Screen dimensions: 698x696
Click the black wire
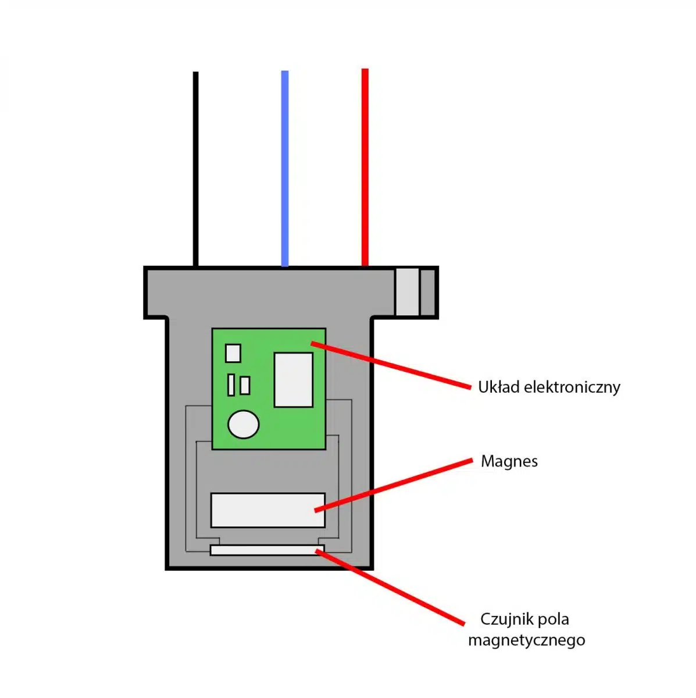pos(195,169)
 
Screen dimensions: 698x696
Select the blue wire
pos(285,169)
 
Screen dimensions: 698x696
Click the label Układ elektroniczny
pos(549,387)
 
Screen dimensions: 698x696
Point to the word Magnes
pos(509,461)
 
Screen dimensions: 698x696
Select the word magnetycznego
pos(526,640)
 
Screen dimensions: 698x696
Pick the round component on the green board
pos(243,424)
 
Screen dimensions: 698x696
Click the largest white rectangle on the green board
pos(293,379)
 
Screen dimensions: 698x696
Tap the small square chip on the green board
pos(233,352)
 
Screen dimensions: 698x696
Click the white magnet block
pos(267,510)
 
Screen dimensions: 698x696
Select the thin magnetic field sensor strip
pos(266,550)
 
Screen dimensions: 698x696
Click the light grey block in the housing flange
pos(407,291)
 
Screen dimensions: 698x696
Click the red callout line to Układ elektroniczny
pos(395,365)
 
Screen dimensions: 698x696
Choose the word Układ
pos(499,387)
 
